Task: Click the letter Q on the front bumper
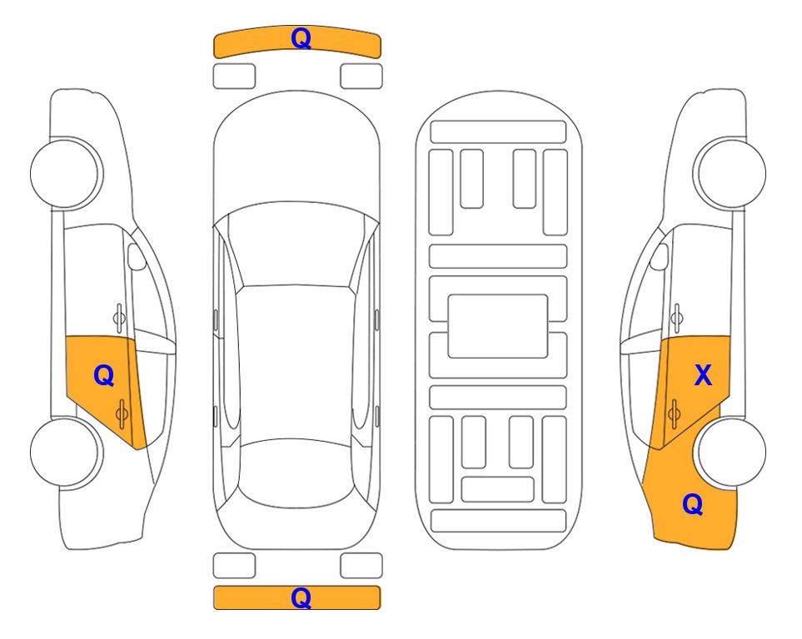pyautogui.click(x=301, y=38)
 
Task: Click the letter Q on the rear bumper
pyautogui.click(x=301, y=597)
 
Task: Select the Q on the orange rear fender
pyautogui.click(x=693, y=504)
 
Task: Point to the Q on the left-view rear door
pyautogui.click(x=103, y=376)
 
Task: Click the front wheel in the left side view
pyautogui.click(x=65, y=173)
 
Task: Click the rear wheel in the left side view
pyautogui.click(x=65, y=452)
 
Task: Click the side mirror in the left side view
pyautogui.click(x=136, y=256)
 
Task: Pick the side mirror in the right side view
pyautogui.click(x=660, y=256)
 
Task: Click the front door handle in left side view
pyautogui.click(x=119, y=318)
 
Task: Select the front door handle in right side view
pyautogui.click(x=677, y=318)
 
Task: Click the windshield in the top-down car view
pyautogui.click(x=296, y=246)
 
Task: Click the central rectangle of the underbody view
pyautogui.click(x=498, y=326)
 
